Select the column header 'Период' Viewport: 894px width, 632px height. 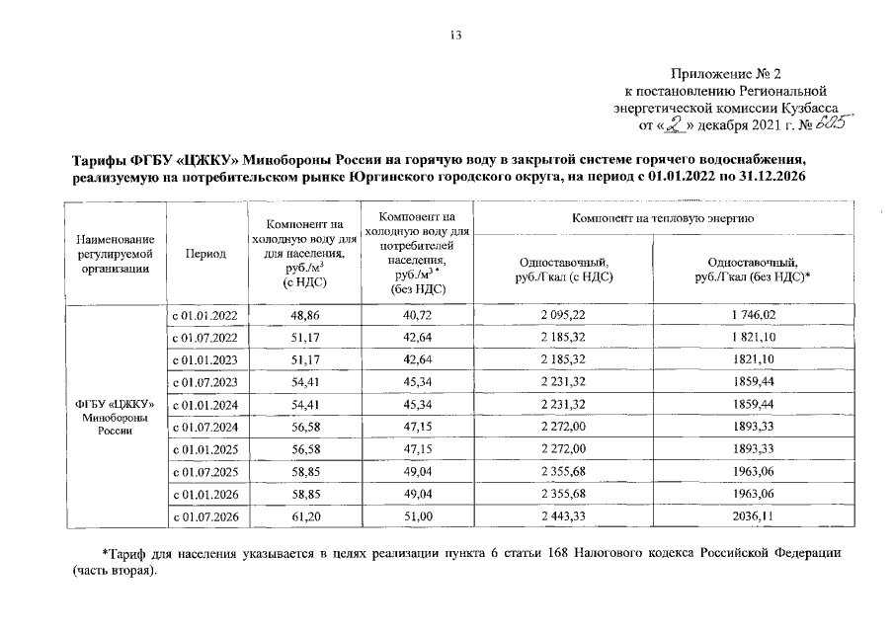pos(205,254)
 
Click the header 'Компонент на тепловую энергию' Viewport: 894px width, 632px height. pos(662,216)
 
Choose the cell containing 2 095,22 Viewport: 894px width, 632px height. pos(563,315)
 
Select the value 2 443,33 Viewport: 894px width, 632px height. pos(563,516)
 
